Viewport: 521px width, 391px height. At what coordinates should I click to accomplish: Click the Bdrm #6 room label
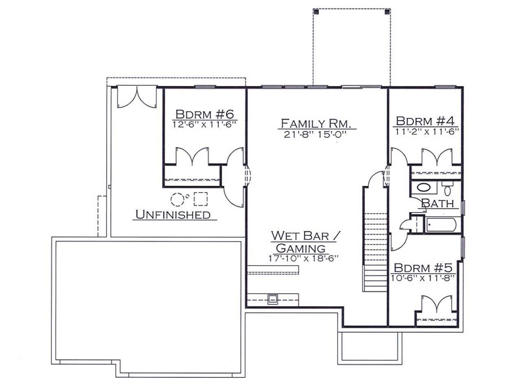pos(205,114)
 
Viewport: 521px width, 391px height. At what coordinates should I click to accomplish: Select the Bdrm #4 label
pos(425,121)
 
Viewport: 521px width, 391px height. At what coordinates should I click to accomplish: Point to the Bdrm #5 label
pos(423,268)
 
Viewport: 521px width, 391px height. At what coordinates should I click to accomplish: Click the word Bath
pos(438,204)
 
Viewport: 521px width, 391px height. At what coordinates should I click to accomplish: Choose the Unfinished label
pos(173,215)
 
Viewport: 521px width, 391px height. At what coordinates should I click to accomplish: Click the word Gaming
pos(300,248)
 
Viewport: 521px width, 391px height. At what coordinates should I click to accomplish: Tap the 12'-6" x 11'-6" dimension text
pos(205,124)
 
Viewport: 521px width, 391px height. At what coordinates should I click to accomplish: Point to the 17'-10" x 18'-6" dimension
pos(303,258)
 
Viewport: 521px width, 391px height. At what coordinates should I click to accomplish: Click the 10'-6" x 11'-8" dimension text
pos(423,278)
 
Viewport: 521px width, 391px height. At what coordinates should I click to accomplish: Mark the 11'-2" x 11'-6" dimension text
pos(427,131)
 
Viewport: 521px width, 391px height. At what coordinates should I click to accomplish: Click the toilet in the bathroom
pos(447,189)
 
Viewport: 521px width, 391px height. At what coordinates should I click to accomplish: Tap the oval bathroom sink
pos(424,188)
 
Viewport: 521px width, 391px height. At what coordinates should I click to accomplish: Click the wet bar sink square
pos(273,300)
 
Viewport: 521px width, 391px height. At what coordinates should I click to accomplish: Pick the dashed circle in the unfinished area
pos(177,199)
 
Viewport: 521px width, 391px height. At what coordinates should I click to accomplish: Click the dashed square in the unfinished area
pos(201,199)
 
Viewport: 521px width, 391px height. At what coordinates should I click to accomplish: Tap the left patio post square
pos(316,11)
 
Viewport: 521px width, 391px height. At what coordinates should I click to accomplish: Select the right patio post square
pos(387,11)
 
